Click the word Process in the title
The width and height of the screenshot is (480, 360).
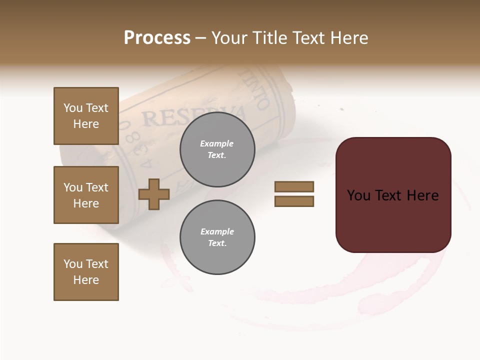(157, 38)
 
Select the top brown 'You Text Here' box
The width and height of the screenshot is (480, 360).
(86, 116)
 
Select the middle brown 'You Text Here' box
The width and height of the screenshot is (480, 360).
(86, 195)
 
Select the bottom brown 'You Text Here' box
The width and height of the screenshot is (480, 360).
(86, 272)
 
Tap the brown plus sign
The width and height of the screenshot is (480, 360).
(154, 194)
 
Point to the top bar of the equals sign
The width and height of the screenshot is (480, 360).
(294, 187)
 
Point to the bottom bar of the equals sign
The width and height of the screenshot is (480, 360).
(294, 201)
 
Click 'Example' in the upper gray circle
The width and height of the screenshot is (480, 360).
(217, 143)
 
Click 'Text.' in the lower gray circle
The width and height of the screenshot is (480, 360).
(217, 243)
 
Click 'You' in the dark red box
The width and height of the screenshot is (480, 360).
(359, 195)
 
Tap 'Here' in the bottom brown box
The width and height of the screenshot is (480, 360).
(86, 280)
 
